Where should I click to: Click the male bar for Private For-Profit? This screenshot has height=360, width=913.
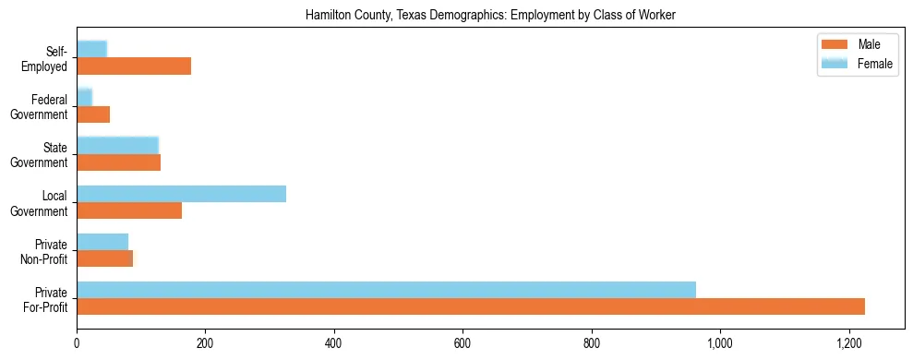coord(471,306)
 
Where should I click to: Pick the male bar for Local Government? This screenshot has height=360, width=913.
coord(129,210)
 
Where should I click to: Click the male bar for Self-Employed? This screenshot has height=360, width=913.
coord(134,66)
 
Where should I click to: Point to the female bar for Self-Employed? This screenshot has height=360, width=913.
coord(91,49)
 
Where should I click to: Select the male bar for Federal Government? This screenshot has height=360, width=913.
coord(93,114)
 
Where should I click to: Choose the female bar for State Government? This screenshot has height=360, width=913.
coord(117,145)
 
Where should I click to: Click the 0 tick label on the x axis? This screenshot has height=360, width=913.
coord(77,343)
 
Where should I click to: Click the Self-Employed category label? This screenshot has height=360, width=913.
coord(45,58)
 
